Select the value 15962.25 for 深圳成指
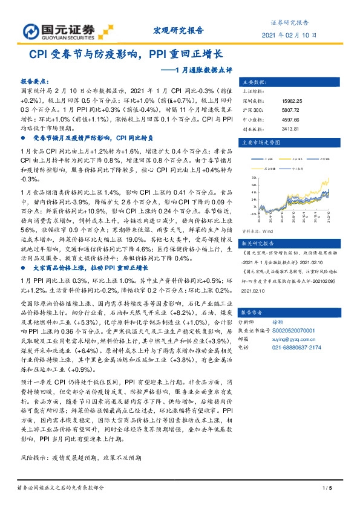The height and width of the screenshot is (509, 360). (292, 101)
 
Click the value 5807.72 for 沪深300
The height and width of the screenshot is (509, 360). (290, 109)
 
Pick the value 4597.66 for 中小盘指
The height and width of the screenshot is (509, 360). (290, 118)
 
